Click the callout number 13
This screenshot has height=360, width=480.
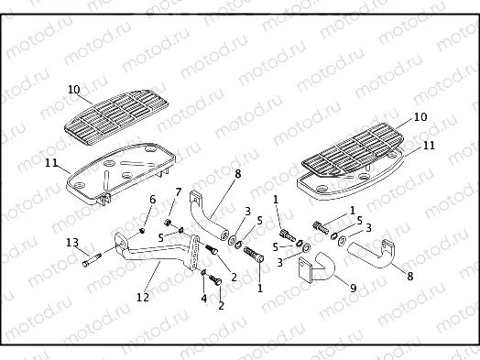71,242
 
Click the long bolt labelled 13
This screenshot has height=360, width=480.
92,260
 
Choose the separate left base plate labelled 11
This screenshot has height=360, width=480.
117,173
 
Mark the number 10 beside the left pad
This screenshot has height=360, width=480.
74,90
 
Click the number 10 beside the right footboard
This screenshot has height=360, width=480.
420,118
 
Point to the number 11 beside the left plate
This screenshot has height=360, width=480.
52,163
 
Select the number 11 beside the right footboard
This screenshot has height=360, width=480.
429,146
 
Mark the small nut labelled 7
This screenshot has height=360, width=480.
169,223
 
